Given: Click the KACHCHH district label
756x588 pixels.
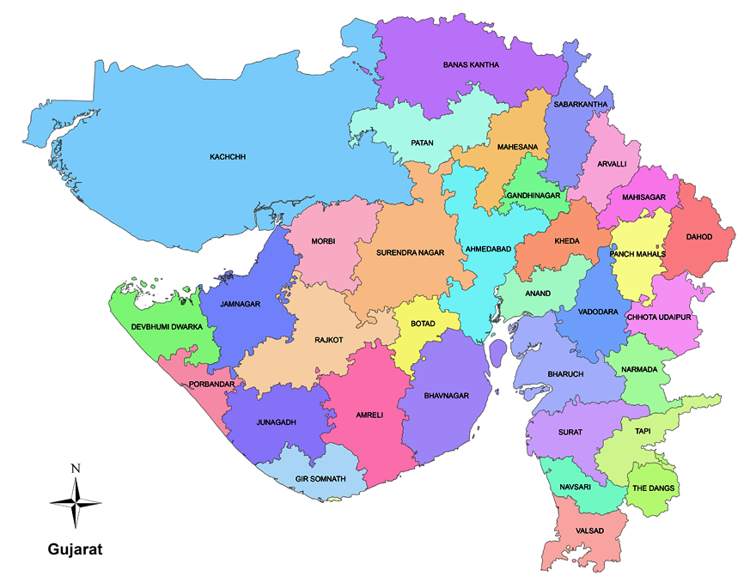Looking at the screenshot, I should coord(228,157).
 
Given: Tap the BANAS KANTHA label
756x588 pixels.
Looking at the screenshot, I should coord(471,64).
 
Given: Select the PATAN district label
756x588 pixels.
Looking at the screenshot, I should coord(422,142).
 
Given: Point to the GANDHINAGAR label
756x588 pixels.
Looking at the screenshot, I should coord(533,196).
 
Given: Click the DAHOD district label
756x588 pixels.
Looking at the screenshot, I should coord(698,237).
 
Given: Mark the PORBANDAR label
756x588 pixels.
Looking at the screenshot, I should coord(211,384).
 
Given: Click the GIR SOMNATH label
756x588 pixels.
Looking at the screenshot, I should coord(320,478).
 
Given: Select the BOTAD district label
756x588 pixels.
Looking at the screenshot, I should coord(423,324).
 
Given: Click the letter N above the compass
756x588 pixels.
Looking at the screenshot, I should coord(76,468).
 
